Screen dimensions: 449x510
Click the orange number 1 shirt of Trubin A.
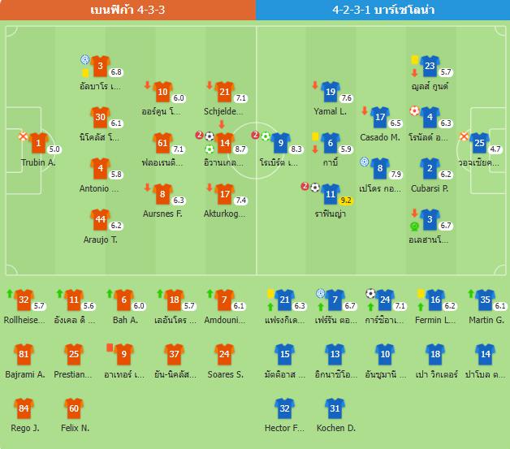tap(37, 145)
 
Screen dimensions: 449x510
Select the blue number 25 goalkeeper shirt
tap(480, 144)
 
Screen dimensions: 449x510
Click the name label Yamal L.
tap(330, 111)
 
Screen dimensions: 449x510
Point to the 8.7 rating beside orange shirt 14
tap(240, 149)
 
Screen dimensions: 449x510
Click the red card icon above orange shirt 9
tap(109, 345)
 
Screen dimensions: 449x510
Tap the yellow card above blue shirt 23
tap(414, 58)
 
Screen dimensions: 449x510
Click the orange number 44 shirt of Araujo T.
tap(100, 219)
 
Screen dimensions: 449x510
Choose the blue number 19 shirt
tap(330, 93)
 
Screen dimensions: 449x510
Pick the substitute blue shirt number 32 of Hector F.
tap(284, 408)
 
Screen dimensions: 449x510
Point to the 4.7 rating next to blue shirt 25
tap(495, 149)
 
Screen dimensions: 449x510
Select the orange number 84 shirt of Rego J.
tap(24, 408)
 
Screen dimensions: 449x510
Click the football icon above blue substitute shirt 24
tap(371, 293)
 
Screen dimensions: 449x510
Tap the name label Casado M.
tap(380, 137)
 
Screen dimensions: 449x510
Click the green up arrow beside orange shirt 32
tap(10, 293)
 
